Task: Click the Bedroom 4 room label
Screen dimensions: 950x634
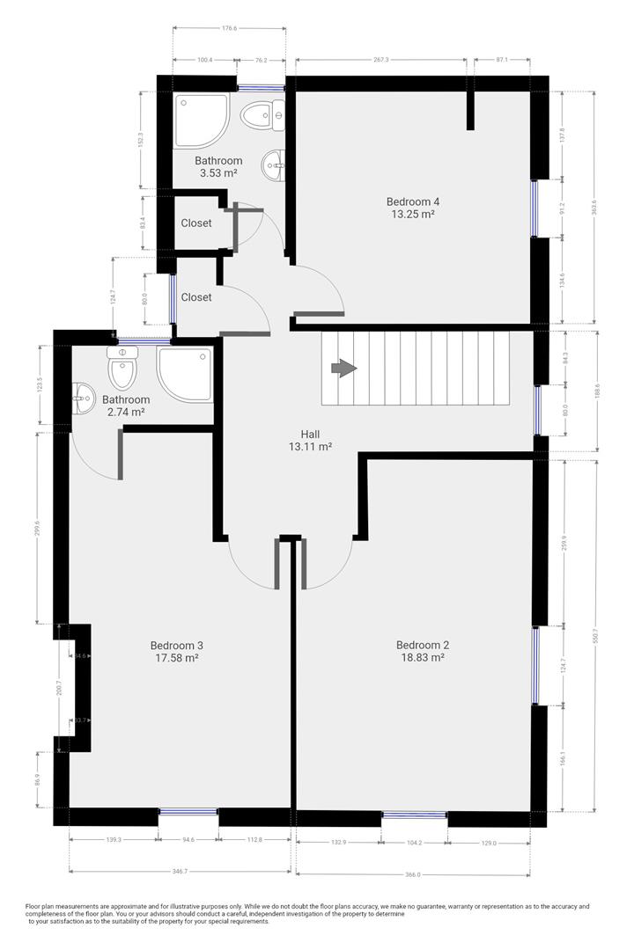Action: click(413, 201)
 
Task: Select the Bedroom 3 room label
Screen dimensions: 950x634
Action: click(177, 644)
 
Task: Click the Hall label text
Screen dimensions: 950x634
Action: click(309, 435)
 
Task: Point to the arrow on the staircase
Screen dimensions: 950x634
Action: click(343, 369)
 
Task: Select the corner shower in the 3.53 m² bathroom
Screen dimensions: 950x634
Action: click(200, 121)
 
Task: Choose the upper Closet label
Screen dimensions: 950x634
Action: click(196, 223)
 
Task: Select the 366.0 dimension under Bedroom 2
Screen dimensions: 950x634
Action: click(414, 874)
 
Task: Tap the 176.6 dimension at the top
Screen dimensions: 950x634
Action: click(229, 29)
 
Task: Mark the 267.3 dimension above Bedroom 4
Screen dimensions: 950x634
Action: click(380, 60)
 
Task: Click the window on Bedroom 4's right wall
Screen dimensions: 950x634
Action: click(534, 208)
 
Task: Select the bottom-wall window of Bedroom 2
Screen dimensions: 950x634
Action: click(414, 815)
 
